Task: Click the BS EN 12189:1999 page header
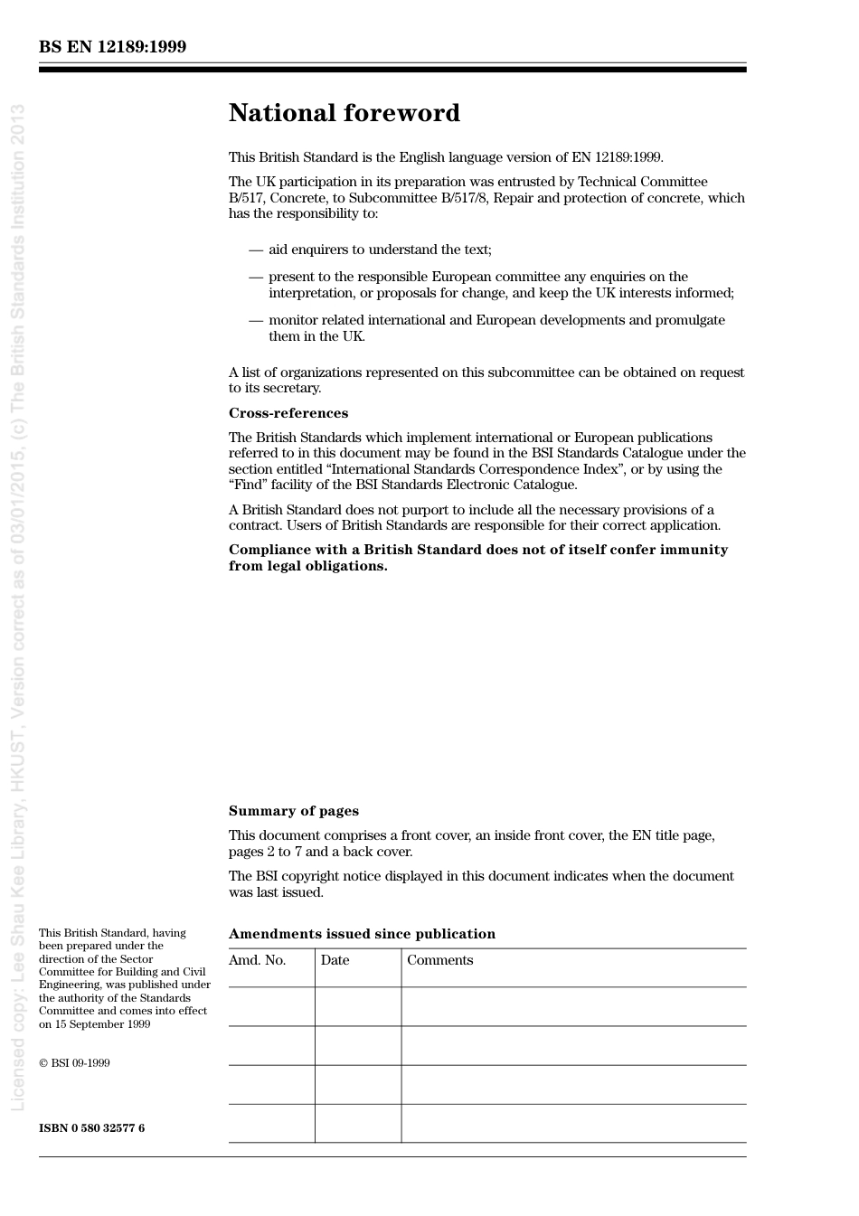(112, 47)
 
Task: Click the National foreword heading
(344, 113)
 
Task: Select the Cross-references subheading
(288, 413)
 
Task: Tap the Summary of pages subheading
(293, 811)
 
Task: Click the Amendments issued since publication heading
(362, 934)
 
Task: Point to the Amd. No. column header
(257, 960)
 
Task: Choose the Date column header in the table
(335, 960)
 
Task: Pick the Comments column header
(439, 960)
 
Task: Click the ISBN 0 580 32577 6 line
(91, 1127)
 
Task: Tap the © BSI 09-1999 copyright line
(74, 1063)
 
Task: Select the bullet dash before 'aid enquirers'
(256, 250)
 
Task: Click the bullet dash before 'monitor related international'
(256, 320)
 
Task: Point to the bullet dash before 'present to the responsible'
(256, 277)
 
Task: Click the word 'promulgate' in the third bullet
(692, 320)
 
